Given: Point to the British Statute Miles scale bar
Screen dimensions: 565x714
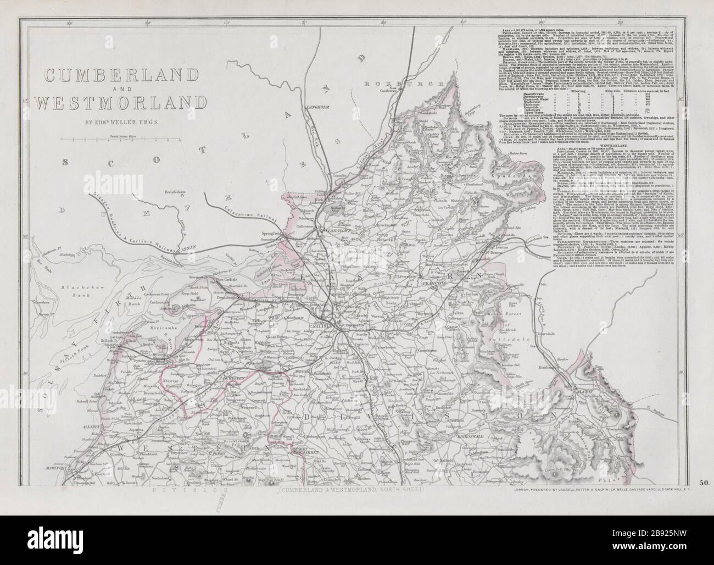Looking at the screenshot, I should [x=127, y=140].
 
